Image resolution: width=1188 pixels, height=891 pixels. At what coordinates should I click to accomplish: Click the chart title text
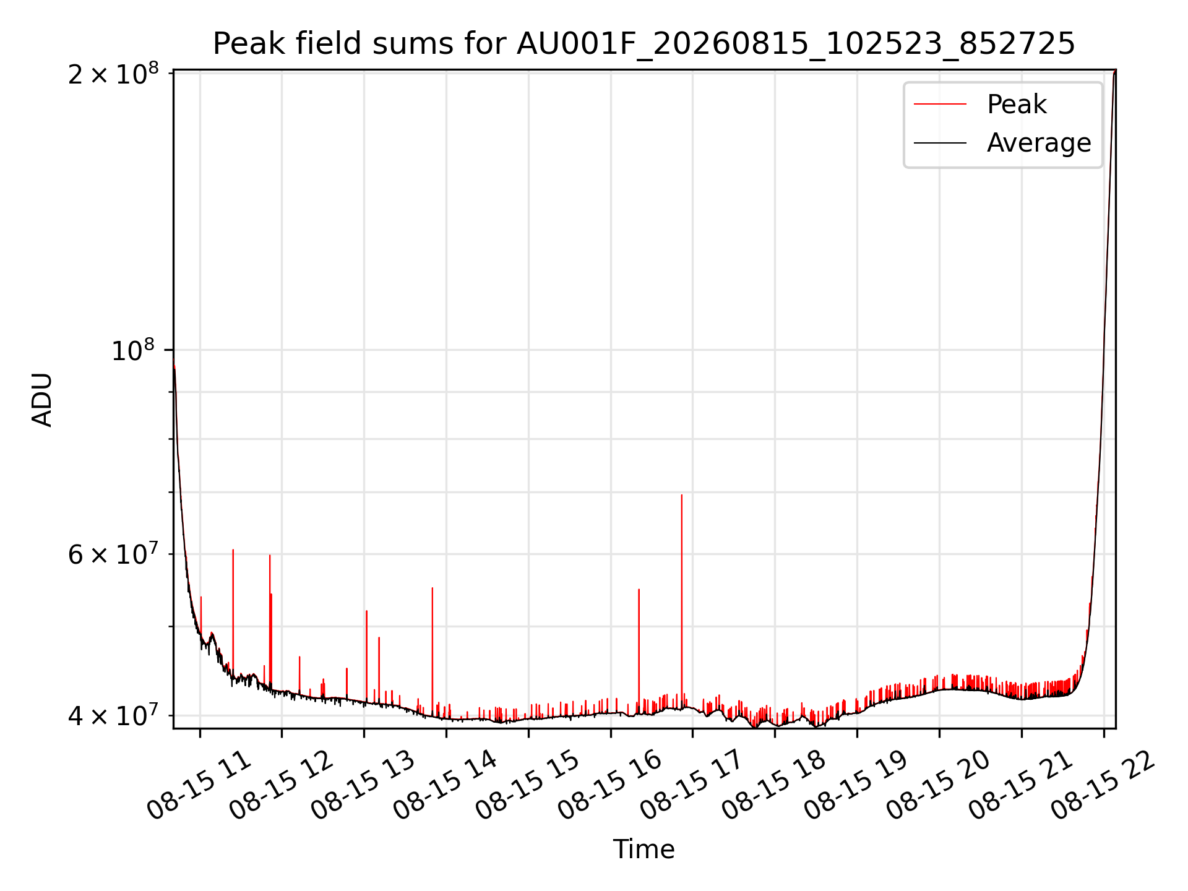[x=643, y=44]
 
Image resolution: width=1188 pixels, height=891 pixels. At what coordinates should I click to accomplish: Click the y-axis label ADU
[x=42, y=400]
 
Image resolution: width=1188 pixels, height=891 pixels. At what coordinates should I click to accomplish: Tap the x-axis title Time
[x=643, y=849]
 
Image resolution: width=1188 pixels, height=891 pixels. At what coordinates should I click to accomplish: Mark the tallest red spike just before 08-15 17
[x=682, y=600]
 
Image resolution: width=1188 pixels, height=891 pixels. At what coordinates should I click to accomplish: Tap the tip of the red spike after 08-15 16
[x=639, y=589]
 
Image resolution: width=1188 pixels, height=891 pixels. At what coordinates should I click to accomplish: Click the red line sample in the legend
[x=940, y=104]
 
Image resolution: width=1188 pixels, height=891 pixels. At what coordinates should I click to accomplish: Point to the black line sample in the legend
[x=940, y=143]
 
